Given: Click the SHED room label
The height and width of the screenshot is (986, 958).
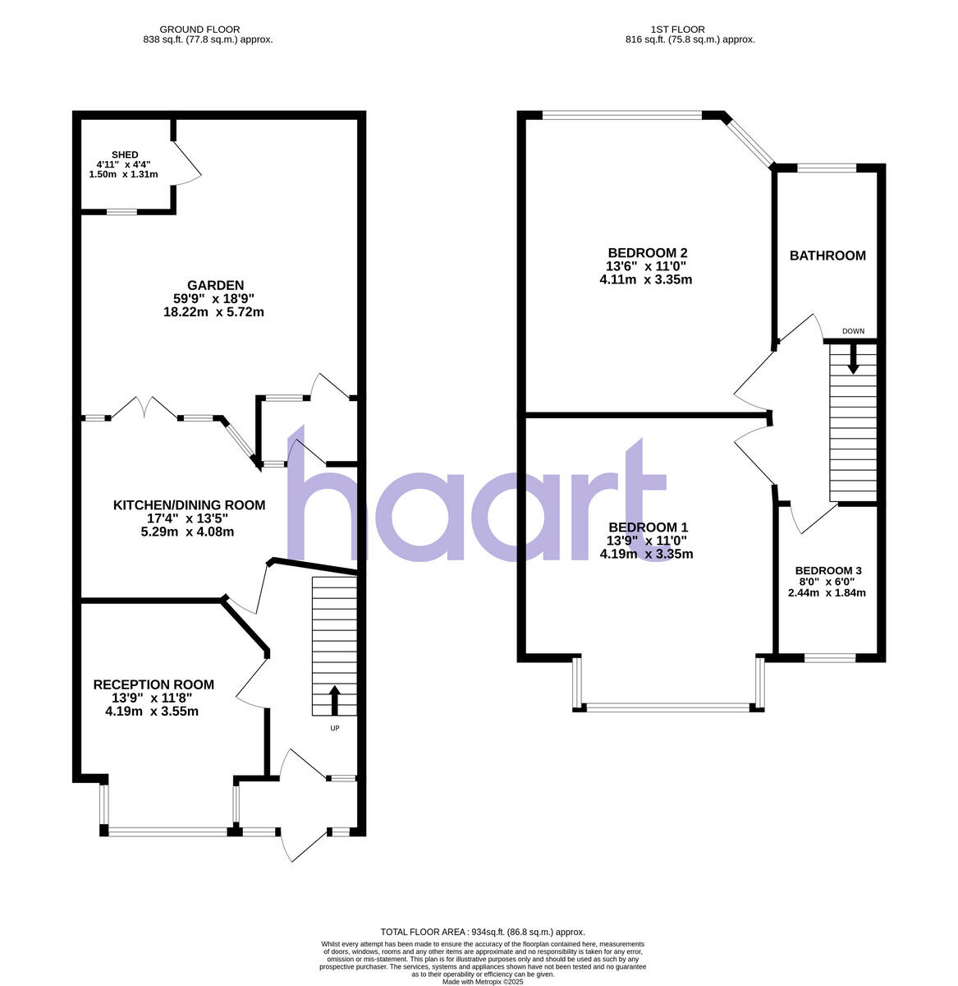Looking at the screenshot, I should pos(125,154).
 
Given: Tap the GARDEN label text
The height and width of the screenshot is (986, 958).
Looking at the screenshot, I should pos(213,286).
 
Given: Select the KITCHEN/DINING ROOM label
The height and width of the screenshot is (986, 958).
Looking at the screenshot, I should pos(189,505).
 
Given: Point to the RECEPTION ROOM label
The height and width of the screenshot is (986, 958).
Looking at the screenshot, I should pos(154,684).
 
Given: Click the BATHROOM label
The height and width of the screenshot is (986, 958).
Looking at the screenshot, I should pos(827,256).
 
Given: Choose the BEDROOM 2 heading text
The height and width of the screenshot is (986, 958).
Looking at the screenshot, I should pos(647,252).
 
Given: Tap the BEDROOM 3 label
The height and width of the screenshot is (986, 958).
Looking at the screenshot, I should pos(828,570).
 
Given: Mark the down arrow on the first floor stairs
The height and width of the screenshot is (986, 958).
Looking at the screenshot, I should pos(854,358).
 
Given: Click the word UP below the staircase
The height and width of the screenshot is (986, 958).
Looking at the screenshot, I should pos(335,728).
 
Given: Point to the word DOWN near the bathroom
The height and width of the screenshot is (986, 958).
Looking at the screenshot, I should pos(854,331).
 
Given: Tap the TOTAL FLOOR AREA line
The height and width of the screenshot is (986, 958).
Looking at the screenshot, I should pos(482,932).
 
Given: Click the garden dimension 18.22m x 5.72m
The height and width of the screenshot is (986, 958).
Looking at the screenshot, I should pos(213,312).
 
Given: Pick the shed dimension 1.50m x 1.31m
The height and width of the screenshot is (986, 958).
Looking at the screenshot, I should pos(123,174).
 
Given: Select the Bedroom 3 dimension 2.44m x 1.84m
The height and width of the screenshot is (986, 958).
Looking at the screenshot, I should pos(828,592).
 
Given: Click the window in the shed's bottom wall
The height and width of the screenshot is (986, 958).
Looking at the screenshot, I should pos(121,212).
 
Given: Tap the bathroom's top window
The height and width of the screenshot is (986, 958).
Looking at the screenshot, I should pos(827,168).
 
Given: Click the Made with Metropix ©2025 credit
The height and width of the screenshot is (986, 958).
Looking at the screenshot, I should pos(483,981).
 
